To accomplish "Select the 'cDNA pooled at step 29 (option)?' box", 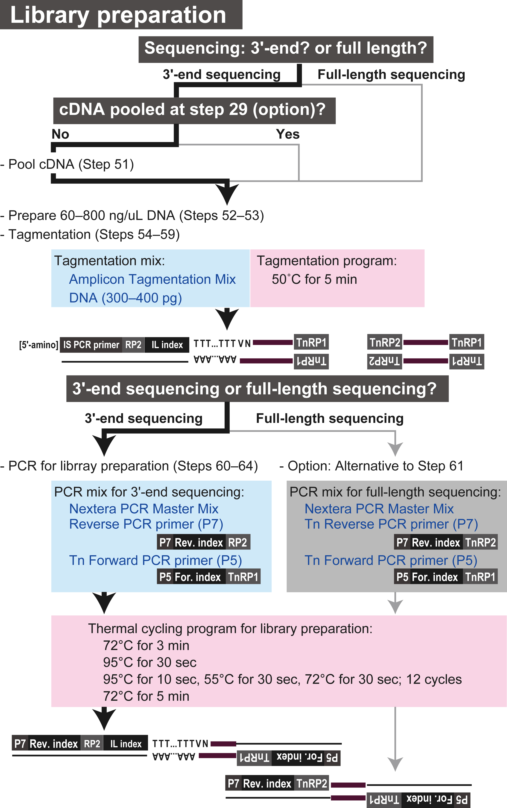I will click(194, 110).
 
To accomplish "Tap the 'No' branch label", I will click(60, 134).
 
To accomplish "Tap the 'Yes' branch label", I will click(287, 134).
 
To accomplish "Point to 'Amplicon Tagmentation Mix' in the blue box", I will click(152, 279).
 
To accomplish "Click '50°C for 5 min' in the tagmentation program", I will click(314, 279).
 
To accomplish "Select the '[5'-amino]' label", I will click(38, 345).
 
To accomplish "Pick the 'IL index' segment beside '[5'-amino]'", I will click(167, 345).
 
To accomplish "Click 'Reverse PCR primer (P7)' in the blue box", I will click(146, 524).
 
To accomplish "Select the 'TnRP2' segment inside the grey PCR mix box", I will click(480, 542).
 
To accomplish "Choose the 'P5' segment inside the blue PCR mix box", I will click(165, 577).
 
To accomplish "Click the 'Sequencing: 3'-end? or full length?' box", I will click(286, 49).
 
